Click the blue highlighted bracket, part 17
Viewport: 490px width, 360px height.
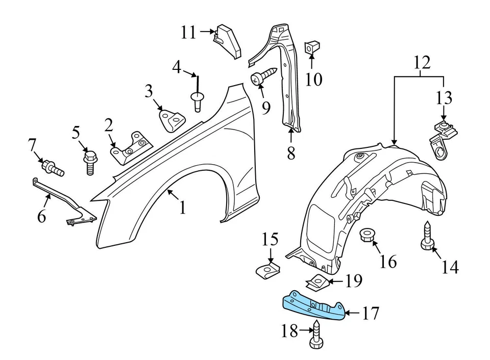pyautogui.click(x=313, y=306)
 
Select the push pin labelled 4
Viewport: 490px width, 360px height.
pyautogui.click(x=196, y=96)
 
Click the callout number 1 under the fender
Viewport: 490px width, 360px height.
pyautogui.click(x=182, y=208)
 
